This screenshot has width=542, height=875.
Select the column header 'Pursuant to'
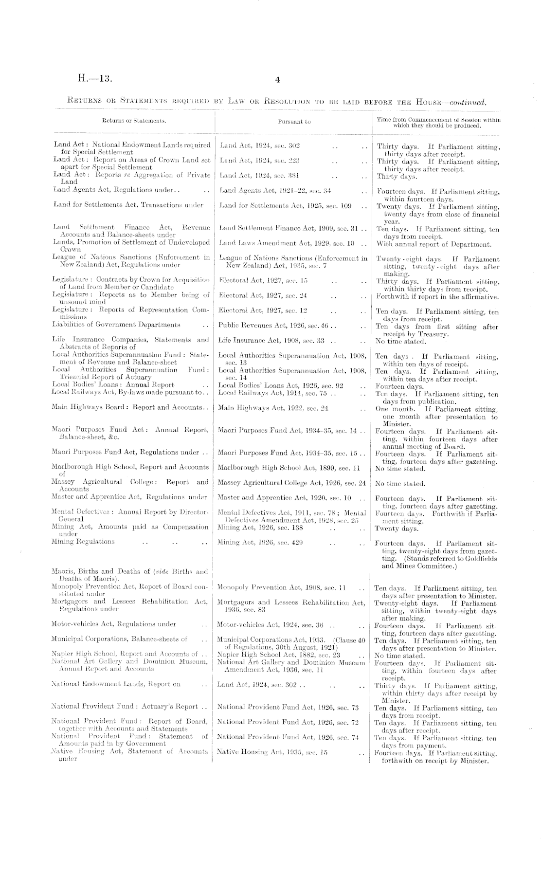tap(294, 122)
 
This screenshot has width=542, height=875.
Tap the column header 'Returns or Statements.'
tap(134, 120)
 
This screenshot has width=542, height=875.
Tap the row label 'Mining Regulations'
tap(83, 542)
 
